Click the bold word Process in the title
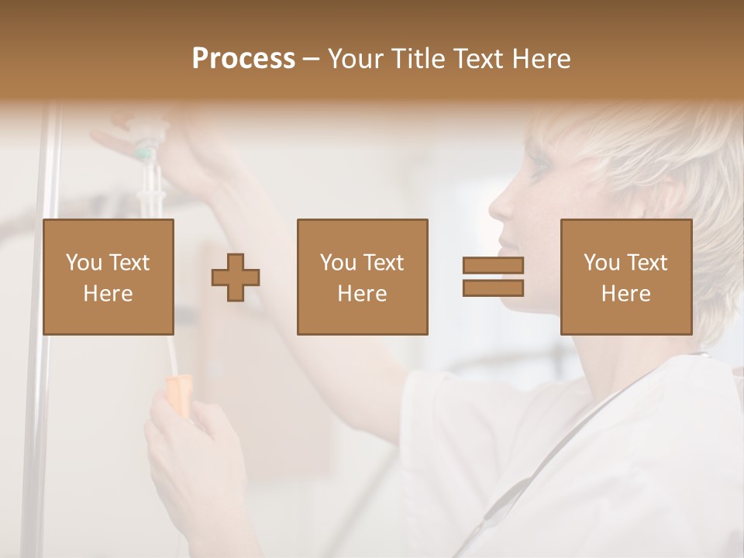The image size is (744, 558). tap(243, 59)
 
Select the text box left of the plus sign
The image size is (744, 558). tap(108, 277)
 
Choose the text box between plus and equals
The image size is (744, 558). tap(362, 277)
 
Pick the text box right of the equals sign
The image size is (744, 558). tap(625, 277)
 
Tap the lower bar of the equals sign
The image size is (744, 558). tap(493, 288)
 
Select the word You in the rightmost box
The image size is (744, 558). tap(601, 263)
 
